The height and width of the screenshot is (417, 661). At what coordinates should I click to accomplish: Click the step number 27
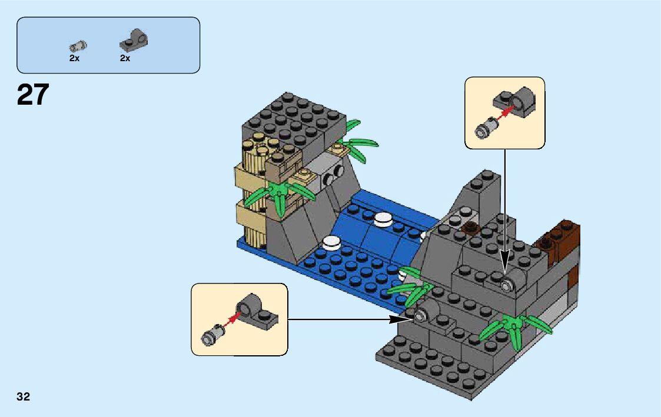[x=33, y=95]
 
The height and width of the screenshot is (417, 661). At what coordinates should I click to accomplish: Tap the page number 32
[x=24, y=396]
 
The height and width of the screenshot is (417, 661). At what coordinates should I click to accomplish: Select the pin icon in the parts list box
[x=77, y=45]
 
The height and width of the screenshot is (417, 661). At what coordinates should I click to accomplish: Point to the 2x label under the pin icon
[x=74, y=58]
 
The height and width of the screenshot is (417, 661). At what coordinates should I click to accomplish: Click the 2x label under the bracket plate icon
[x=125, y=58]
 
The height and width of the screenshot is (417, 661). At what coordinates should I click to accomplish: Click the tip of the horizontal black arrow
[x=410, y=319]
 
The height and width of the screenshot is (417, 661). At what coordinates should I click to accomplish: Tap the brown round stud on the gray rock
[x=470, y=229]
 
